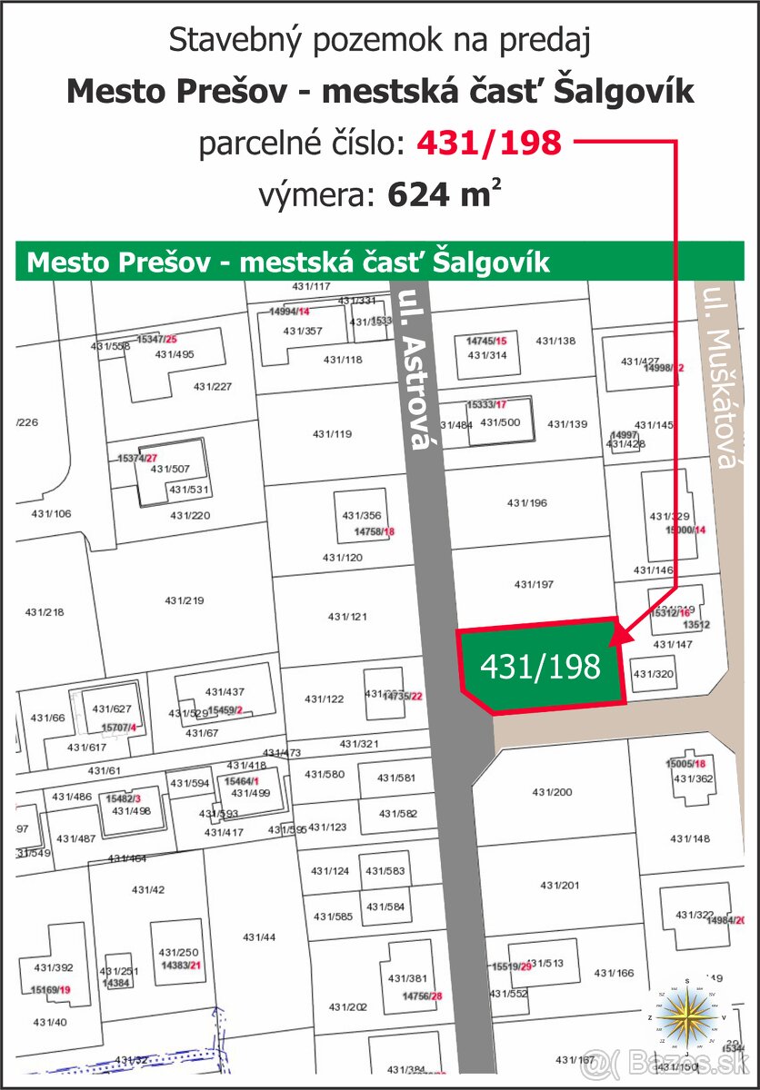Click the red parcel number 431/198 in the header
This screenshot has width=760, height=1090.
click(x=488, y=143)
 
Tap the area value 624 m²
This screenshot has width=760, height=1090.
click(x=445, y=195)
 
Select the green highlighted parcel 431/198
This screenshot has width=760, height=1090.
click(x=540, y=667)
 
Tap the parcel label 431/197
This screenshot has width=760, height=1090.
click(x=534, y=584)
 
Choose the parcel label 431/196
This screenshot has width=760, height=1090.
click(x=527, y=502)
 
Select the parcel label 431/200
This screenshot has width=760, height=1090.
click(x=552, y=792)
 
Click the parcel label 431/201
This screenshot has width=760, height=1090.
click(x=559, y=885)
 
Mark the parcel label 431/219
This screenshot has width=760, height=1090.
click(x=185, y=600)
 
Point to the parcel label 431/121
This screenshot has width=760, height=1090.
click(x=347, y=617)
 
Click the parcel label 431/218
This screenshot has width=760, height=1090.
click(x=45, y=612)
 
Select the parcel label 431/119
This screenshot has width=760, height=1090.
click(x=332, y=434)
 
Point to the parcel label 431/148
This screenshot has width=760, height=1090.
click(x=689, y=838)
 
